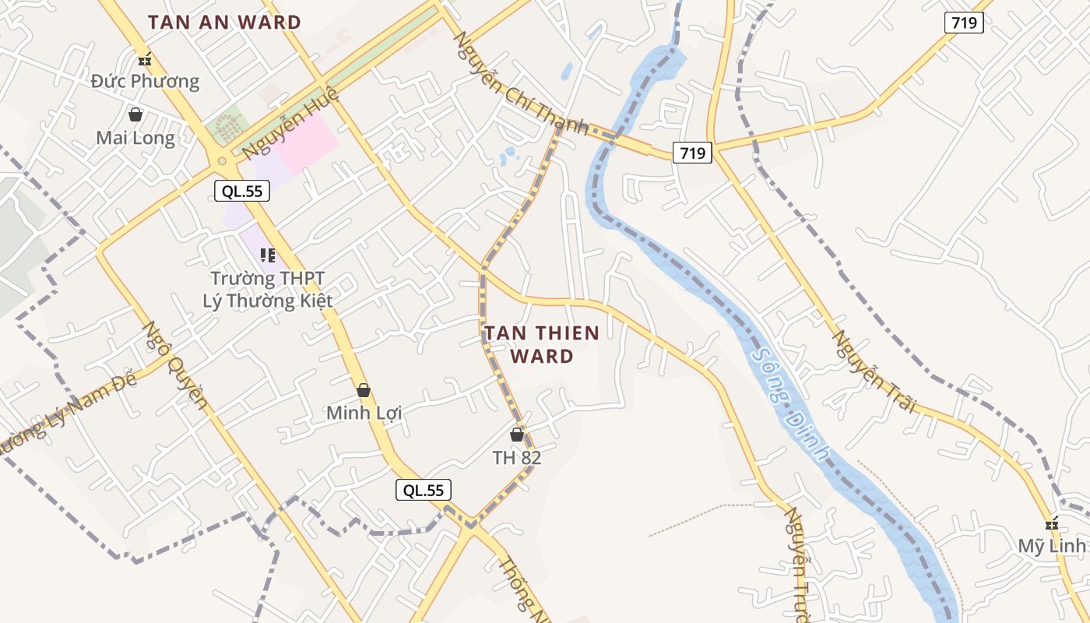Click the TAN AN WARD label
[x=224, y=23]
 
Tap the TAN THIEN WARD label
[x=542, y=344]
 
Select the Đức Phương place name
[x=145, y=81]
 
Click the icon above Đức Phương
[x=144, y=59]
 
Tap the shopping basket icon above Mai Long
[x=135, y=115]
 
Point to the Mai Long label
[x=135, y=138]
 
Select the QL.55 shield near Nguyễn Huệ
[x=242, y=191]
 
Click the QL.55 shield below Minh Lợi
[x=423, y=490]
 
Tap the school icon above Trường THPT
[x=268, y=255]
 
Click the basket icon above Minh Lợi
[x=364, y=390]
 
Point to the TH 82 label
[x=517, y=457]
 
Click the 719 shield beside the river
[x=692, y=153]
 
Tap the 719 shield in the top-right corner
[x=964, y=23]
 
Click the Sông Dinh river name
[x=791, y=404]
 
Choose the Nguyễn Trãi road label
[x=874, y=371]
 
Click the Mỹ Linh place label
[x=1052, y=546]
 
